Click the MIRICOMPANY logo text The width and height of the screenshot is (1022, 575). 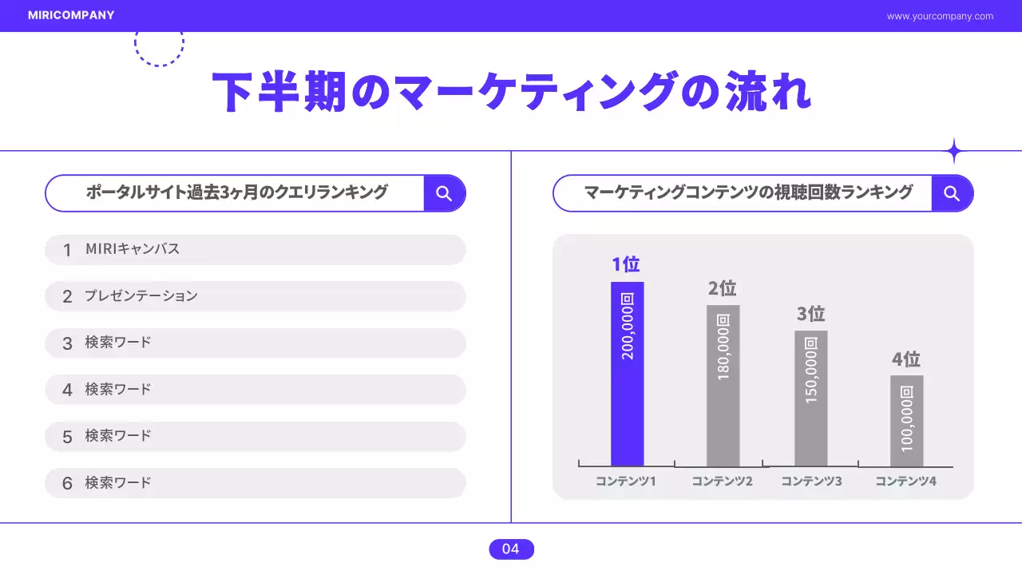tap(71, 15)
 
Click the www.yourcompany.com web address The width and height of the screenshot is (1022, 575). tap(940, 16)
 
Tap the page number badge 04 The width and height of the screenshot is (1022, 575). tap(511, 549)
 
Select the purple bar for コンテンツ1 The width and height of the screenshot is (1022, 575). tap(627, 374)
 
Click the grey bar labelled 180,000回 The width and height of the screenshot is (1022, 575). tap(723, 386)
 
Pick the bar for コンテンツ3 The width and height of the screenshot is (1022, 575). tap(810, 398)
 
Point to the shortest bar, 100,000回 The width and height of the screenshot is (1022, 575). tap(906, 421)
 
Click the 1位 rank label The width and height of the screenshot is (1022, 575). tap(626, 264)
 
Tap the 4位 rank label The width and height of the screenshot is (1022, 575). tap(906, 359)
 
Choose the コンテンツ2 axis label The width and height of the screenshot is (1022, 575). tap(722, 482)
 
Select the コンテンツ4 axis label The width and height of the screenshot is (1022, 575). tap(905, 482)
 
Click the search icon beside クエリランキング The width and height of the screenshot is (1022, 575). tap(444, 193)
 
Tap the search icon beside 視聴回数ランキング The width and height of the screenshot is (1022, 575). tap(951, 193)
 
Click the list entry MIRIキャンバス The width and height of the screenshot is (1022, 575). tap(133, 249)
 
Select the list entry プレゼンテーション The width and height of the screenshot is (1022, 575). tap(141, 296)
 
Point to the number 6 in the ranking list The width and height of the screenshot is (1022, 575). tap(67, 483)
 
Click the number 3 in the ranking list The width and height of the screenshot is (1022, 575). tap(67, 343)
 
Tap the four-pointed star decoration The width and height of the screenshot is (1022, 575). tap(953, 151)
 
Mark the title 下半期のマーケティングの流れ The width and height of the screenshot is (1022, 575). tap(511, 92)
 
